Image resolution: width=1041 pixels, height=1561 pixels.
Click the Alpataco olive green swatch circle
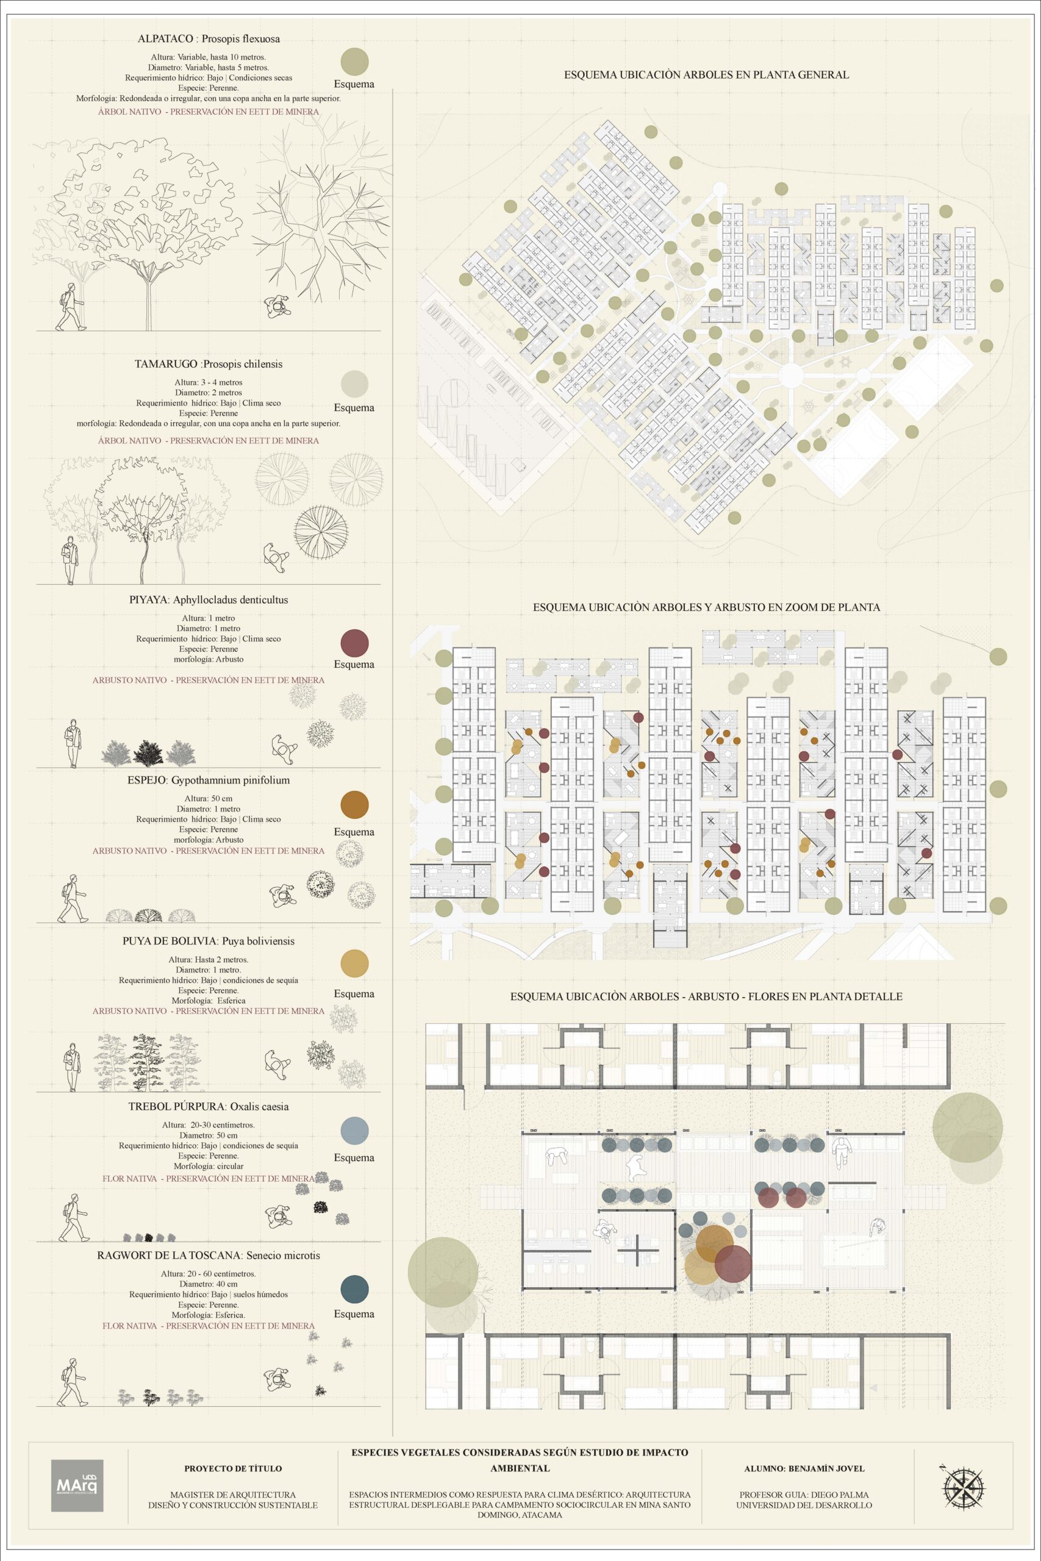pyautogui.click(x=354, y=61)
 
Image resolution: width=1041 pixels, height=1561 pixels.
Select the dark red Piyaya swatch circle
pyautogui.click(x=354, y=643)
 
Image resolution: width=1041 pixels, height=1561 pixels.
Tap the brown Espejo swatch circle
pyautogui.click(x=354, y=804)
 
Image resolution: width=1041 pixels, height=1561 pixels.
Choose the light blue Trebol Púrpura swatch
pyautogui.click(x=354, y=1130)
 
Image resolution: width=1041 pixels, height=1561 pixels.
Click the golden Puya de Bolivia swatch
pyautogui.click(x=354, y=963)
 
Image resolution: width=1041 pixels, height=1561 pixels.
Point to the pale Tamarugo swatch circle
pyautogui.click(x=354, y=384)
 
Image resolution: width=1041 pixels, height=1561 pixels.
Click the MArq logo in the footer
pyautogui.click(x=77, y=1486)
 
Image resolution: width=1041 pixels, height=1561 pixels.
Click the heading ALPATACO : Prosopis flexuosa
pyautogui.click(x=209, y=39)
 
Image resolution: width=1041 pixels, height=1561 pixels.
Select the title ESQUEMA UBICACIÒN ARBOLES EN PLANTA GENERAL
pyautogui.click(x=706, y=75)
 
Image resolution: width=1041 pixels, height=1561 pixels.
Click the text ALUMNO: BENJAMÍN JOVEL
pyautogui.click(x=804, y=1469)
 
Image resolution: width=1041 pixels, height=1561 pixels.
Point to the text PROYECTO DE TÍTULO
pyautogui.click(x=233, y=1469)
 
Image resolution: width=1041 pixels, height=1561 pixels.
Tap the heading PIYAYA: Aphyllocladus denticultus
pyautogui.click(x=209, y=600)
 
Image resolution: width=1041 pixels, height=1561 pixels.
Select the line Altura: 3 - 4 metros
pyautogui.click(x=209, y=382)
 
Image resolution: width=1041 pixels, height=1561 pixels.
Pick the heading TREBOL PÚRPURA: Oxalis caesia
pyautogui.click(x=209, y=1106)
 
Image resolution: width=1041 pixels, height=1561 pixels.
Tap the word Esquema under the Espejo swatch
pyautogui.click(x=354, y=832)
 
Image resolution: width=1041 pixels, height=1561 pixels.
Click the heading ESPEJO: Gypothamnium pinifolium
pyautogui.click(x=209, y=780)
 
